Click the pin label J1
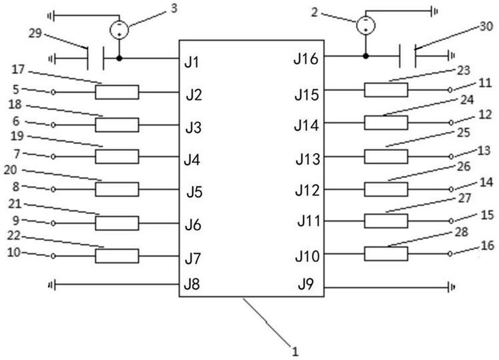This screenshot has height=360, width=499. pyautogui.click(x=191, y=62)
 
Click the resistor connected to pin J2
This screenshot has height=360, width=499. pyautogui.click(x=117, y=92)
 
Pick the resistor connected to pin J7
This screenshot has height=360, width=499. pyautogui.click(x=117, y=256)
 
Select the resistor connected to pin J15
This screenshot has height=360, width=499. pyautogui.click(x=386, y=90)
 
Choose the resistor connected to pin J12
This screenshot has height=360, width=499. pyautogui.click(x=386, y=188)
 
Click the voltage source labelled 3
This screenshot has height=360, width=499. pyautogui.click(x=119, y=29)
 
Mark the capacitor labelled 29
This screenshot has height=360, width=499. pyautogui.click(x=95, y=59)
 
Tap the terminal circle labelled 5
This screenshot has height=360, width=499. pyautogui.click(x=53, y=92)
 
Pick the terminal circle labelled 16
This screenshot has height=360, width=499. pyautogui.click(x=449, y=254)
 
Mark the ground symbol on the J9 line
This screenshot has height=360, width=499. pyautogui.click(x=451, y=288)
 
